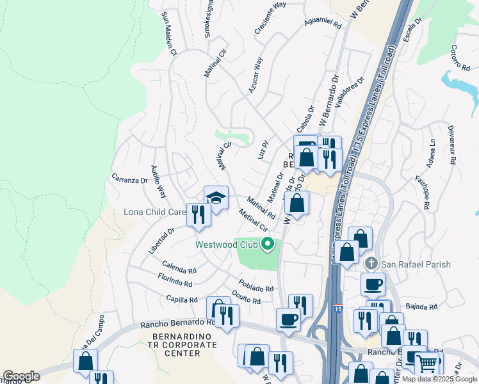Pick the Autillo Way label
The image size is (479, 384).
pyautogui.click(x=158, y=182)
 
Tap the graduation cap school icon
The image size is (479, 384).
pyautogui.click(x=216, y=198)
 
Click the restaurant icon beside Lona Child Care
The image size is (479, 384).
pyautogui.click(x=199, y=214)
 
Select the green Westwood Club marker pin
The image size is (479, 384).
pyautogui.click(x=268, y=244)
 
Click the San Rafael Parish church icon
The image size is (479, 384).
pyautogui.click(x=371, y=264)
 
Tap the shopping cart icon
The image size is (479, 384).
pyautogui.click(x=427, y=364)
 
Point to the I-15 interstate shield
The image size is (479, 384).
pyautogui.click(x=337, y=309)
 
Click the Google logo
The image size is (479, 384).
pyautogui.click(x=21, y=376)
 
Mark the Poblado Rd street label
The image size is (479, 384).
pyautogui.click(x=256, y=285)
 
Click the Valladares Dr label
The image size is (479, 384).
pyautogui.click(x=350, y=90)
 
